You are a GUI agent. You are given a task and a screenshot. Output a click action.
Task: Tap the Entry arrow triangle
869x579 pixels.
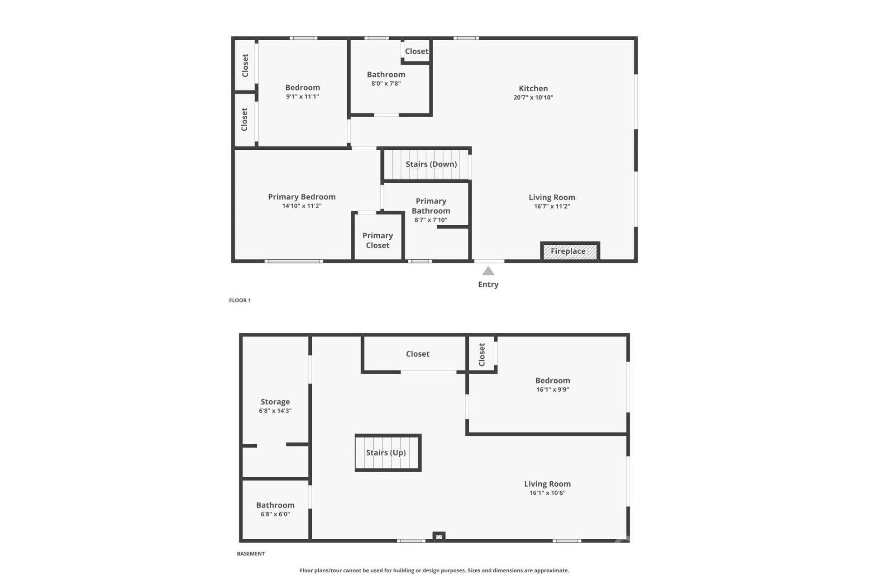(x=488, y=271)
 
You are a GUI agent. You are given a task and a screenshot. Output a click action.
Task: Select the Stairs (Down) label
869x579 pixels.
(x=431, y=164)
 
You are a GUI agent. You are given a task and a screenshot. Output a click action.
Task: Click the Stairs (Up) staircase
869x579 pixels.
(x=388, y=452)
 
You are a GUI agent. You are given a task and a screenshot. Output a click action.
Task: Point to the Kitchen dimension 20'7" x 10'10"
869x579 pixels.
(x=533, y=98)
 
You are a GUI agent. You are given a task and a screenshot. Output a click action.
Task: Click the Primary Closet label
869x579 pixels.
(x=377, y=240)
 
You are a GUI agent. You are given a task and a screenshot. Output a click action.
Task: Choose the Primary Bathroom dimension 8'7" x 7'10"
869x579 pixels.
(x=431, y=220)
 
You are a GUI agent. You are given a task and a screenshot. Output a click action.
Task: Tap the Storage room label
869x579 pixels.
(x=275, y=402)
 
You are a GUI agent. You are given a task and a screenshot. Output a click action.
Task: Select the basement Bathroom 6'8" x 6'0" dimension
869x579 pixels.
(x=275, y=514)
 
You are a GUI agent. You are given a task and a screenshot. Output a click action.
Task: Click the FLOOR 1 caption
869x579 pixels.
(x=240, y=300)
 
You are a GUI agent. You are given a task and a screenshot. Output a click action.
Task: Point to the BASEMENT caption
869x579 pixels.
(x=251, y=554)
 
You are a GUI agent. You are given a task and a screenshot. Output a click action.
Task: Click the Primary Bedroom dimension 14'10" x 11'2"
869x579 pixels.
(x=302, y=206)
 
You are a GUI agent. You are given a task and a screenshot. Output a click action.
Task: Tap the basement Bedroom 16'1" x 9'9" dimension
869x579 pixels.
(x=553, y=389)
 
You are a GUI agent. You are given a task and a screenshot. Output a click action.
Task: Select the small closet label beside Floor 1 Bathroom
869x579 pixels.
(x=416, y=52)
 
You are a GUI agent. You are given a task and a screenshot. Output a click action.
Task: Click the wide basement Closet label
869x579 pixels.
(x=417, y=354)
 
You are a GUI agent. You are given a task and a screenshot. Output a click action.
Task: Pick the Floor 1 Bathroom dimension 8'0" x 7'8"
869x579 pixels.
(x=386, y=84)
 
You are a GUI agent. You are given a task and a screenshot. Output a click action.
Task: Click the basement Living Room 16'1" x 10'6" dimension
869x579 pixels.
(x=547, y=493)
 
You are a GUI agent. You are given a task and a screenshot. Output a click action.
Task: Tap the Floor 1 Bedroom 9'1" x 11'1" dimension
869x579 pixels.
(x=302, y=97)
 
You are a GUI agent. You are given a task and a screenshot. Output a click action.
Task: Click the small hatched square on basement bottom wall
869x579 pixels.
(x=439, y=537)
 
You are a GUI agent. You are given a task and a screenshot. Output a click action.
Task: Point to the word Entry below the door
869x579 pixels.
(x=488, y=285)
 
